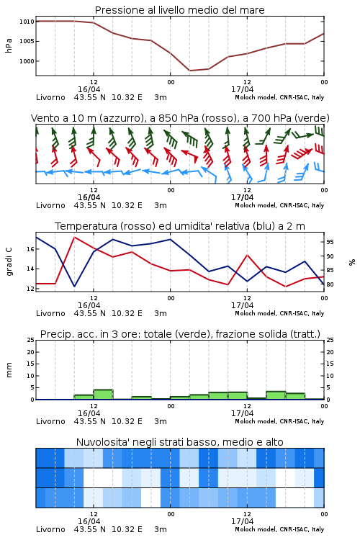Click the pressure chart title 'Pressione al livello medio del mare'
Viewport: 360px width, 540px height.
(x=179, y=10)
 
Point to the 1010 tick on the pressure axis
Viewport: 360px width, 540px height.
(x=27, y=22)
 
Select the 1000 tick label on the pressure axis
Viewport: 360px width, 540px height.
(x=27, y=61)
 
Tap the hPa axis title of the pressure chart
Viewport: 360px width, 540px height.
(x=9, y=45)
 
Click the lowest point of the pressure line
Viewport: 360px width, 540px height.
(x=189, y=71)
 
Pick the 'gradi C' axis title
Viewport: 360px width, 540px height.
(x=9, y=262)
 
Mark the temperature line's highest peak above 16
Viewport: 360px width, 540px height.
(x=74, y=237)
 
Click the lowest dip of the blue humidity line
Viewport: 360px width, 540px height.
(x=74, y=286)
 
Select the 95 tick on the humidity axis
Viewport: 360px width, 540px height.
(x=330, y=242)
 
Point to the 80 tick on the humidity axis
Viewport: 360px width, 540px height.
(x=330, y=284)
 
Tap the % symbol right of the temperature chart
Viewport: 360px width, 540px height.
(x=352, y=262)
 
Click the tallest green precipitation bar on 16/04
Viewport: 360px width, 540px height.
(x=103, y=395)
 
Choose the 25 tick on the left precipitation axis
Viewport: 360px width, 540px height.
(x=31, y=340)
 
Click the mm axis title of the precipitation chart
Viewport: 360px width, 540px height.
(x=9, y=370)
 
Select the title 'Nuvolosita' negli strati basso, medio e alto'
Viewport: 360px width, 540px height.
(x=179, y=442)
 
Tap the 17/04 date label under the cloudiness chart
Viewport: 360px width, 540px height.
(x=242, y=521)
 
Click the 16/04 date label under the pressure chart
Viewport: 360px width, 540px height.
(x=89, y=89)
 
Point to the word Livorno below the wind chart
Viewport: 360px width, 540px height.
(x=50, y=205)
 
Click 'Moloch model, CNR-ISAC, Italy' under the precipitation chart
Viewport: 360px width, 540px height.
(x=279, y=421)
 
